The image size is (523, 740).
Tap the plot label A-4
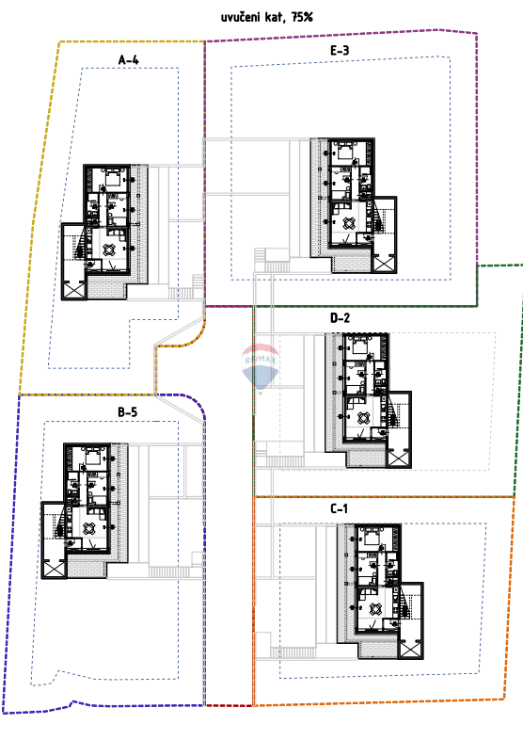[x=130, y=59]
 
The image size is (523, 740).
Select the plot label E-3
[x=340, y=51]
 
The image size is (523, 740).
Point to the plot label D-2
[x=340, y=318]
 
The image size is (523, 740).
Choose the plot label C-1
[x=340, y=508]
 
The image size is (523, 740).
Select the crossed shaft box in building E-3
[x=384, y=262]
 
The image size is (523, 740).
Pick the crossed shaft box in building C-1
[x=411, y=648]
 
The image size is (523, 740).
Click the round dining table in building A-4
[x=110, y=250]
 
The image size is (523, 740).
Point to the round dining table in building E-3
[x=347, y=223]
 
